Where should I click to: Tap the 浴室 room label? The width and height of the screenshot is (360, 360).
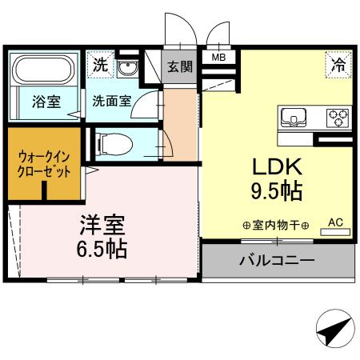[43, 102]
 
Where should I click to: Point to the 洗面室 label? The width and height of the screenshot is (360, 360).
[111, 102]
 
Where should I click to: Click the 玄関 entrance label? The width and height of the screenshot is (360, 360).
[178, 67]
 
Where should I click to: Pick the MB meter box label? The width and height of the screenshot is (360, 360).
[218, 58]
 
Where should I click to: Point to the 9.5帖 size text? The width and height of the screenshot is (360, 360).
[276, 192]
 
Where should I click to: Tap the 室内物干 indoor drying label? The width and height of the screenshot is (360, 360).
[275, 225]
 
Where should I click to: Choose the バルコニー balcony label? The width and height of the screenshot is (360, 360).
[275, 260]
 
